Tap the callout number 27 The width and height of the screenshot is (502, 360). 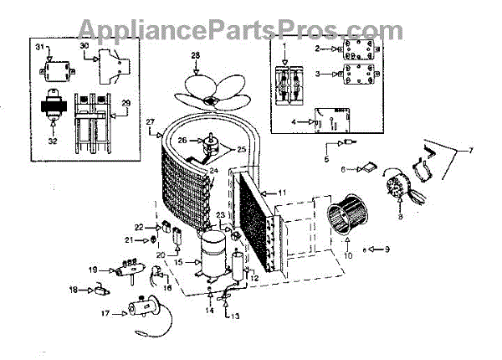[x=151, y=122]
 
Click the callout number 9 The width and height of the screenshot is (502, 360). [x=386, y=249]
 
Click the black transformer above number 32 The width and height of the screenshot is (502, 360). [x=53, y=114]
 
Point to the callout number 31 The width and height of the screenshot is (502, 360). [x=38, y=48]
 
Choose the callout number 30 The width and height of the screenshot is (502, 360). [x=85, y=46]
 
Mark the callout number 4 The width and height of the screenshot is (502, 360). [x=295, y=122]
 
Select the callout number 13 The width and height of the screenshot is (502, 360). [x=235, y=316]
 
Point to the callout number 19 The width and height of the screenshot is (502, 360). [x=93, y=270]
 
